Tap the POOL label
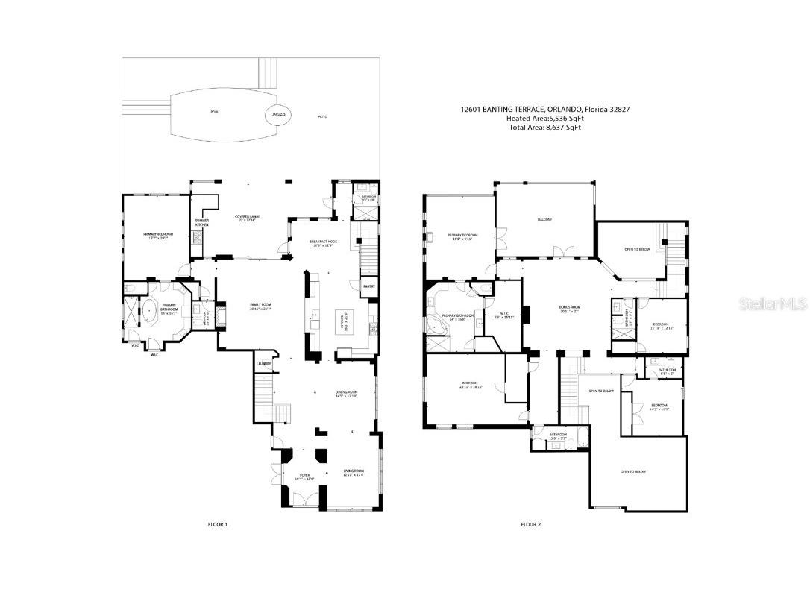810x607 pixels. tap(215, 112)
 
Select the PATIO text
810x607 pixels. tap(323, 117)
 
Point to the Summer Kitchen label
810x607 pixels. tap(201, 222)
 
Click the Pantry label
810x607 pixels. tap(368, 286)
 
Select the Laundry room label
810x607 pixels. tap(264, 364)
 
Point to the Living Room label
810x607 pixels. tap(353, 473)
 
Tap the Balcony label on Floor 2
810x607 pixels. tap(544, 219)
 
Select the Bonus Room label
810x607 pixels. tap(570, 309)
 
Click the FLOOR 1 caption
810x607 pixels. tap(218, 524)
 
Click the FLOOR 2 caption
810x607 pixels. tap(530, 524)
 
